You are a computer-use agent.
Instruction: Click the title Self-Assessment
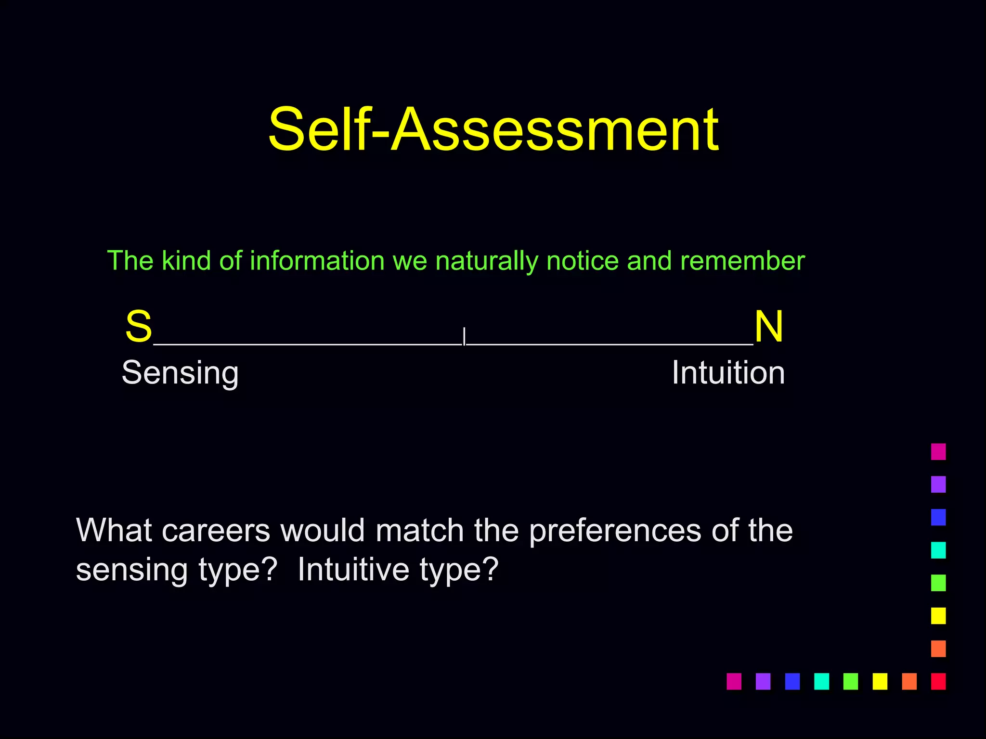[493, 130]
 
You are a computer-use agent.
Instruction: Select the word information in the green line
[317, 261]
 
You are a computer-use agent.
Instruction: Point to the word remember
[742, 261]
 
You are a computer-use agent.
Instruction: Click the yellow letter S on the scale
[139, 326]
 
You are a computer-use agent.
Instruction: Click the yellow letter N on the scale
[768, 326]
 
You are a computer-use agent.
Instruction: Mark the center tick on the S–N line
[464, 337]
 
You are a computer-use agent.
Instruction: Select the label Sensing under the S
[180, 373]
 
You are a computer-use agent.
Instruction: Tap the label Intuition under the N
[728, 372]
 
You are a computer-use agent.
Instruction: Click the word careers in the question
[216, 531]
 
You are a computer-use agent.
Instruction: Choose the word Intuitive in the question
[353, 570]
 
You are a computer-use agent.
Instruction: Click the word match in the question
[419, 530]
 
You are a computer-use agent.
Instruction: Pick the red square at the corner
[938, 681]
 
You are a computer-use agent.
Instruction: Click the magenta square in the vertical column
[938, 452]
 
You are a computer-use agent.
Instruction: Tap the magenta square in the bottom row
[734, 681]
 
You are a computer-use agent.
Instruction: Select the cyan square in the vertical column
[938, 550]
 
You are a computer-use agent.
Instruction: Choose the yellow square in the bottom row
[880, 681]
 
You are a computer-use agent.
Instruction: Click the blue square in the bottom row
[792, 681]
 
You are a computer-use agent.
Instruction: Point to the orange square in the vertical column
[938, 649]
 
